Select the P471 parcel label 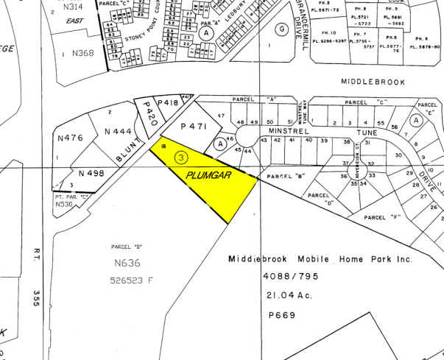(x=189, y=127)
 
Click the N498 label (x=92, y=174)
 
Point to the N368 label (x=83, y=53)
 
